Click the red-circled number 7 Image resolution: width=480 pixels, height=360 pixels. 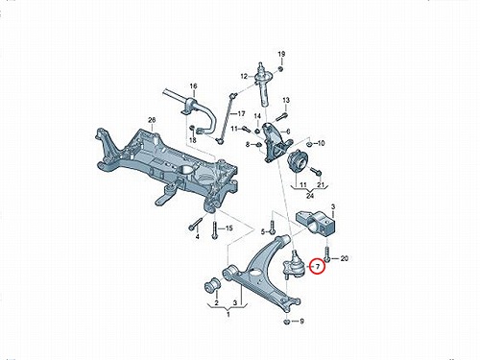pyautogui.click(x=318, y=266)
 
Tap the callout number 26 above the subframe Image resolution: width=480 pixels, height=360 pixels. pyautogui.click(x=152, y=120)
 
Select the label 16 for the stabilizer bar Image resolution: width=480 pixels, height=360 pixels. pyautogui.click(x=193, y=86)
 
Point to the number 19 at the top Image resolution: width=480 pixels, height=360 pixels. pyautogui.click(x=281, y=54)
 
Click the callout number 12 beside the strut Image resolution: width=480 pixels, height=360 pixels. pyautogui.click(x=244, y=77)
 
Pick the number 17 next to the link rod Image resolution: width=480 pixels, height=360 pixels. pyautogui.click(x=241, y=113)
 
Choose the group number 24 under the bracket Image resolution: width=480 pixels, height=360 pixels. pyautogui.click(x=310, y=195)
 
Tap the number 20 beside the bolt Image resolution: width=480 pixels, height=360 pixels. pyautogui.click(x=344, y=258)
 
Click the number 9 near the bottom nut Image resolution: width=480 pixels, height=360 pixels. pyautogui.click(x=301, y=321)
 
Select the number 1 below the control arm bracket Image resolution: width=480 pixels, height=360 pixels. pyautogui.click(x=228, y=315)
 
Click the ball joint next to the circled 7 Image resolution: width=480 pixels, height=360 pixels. pyautogui.click(x=294, y=264)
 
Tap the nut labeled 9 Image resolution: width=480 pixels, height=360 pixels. pyautogui.click(x=287, y=322)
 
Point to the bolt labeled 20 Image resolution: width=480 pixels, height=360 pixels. pyautogui.click(x=327, y=254)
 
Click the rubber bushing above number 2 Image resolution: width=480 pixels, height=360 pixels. pyautogui.click(x=212, y=285)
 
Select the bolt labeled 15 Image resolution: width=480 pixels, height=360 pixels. pyautogui.click(x=214, y=228)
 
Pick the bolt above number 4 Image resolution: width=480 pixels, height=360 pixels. pyautogui.click(x=196, y=224)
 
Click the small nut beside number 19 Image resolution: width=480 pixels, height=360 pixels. pyautogui.click(x=280, y=69)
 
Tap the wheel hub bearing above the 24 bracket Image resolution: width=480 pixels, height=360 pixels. pyautogui.click(x=298, y=160)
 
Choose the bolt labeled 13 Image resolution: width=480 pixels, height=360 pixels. pyautogui.click(x=280, y=116)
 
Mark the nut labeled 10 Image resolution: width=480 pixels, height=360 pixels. pyautogui.click(x=309, y=144)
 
